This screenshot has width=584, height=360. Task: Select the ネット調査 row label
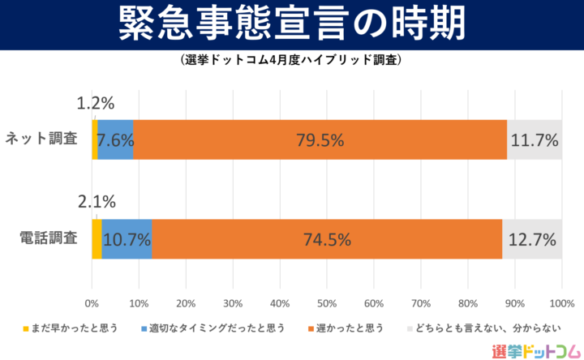[41, 139]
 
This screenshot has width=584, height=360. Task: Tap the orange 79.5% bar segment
[320, 139]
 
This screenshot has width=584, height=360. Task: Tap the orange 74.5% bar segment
[327, 239]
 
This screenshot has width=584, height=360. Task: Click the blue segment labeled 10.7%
[127, 239]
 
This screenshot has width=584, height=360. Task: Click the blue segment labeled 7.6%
[115, 139]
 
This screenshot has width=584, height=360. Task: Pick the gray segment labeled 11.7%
[535, 139]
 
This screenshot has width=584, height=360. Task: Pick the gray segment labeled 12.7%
[532, 239]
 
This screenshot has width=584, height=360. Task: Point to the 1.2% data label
[96, 103]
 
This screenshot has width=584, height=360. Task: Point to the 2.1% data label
[96, 202]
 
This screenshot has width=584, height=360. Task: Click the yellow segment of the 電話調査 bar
[97, 239]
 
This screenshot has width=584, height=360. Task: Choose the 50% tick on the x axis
[327, 302]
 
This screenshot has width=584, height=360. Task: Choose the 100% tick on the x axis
[561, 302]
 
